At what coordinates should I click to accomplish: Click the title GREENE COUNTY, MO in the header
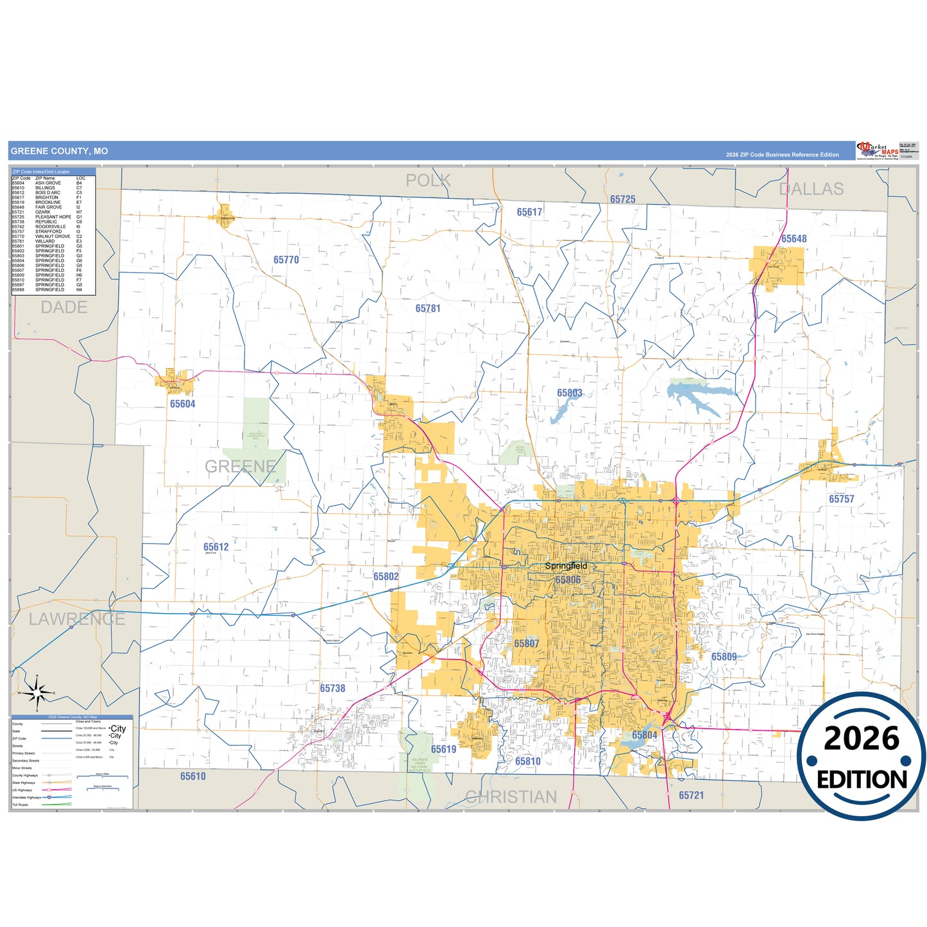[59, 151]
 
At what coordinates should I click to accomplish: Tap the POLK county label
[428, 181]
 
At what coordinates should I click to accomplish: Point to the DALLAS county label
[811, 189]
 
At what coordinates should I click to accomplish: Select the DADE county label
[64, 307]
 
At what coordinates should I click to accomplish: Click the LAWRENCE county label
[77, 619]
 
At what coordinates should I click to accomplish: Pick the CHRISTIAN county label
[511, 797]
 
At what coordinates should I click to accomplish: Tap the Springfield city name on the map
[566, 566]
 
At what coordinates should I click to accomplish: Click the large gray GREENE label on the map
[241, 466]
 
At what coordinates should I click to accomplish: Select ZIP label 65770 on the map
[286, 260]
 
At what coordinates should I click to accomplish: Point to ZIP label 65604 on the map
[182, 404]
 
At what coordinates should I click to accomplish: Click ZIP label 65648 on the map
[794, 239]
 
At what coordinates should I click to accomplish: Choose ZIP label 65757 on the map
[841, 499]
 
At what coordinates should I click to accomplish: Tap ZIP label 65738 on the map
[332, 688]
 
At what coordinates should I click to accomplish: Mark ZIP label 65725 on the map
[622, 200]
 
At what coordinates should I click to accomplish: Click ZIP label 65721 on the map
[691, 795]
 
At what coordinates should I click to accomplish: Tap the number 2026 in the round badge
[862, 739]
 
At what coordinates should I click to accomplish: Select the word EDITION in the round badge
[862, 779]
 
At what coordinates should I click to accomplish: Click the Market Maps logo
[877, 151]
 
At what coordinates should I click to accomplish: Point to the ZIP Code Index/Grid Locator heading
[41, 172]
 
